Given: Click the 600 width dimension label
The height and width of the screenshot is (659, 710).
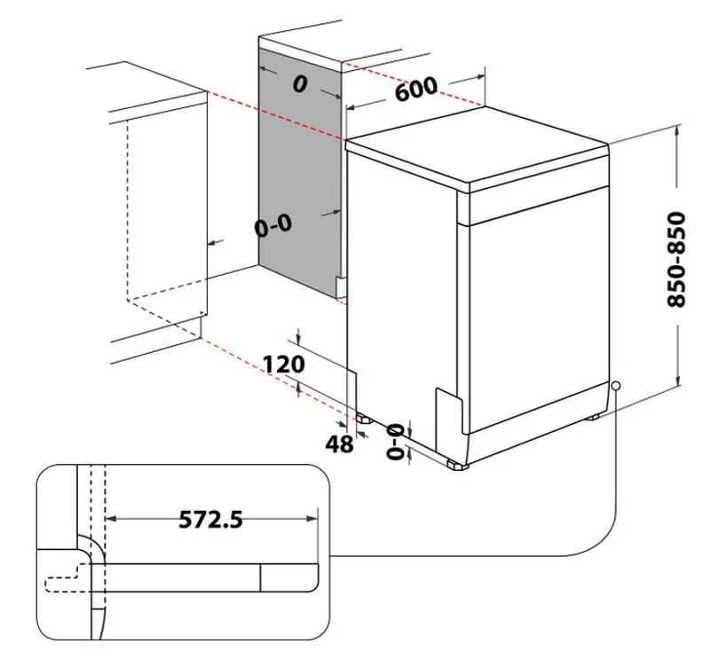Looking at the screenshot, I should (415, 90).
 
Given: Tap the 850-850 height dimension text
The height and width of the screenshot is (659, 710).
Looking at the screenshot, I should (677, 259).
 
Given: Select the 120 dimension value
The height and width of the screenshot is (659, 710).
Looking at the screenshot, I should (284, 364).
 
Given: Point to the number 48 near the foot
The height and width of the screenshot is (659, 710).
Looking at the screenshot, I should (339, 443).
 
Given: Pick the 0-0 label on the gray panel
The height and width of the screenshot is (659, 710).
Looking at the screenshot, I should (272, 226).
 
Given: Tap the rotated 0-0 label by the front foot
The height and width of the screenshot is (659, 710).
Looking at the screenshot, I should (396, 440).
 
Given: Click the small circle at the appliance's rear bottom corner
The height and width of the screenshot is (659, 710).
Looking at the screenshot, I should (615, 386).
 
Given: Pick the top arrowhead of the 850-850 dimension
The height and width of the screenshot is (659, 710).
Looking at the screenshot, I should (677, 129).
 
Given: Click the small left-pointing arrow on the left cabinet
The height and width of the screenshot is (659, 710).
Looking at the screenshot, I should (211, 242).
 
